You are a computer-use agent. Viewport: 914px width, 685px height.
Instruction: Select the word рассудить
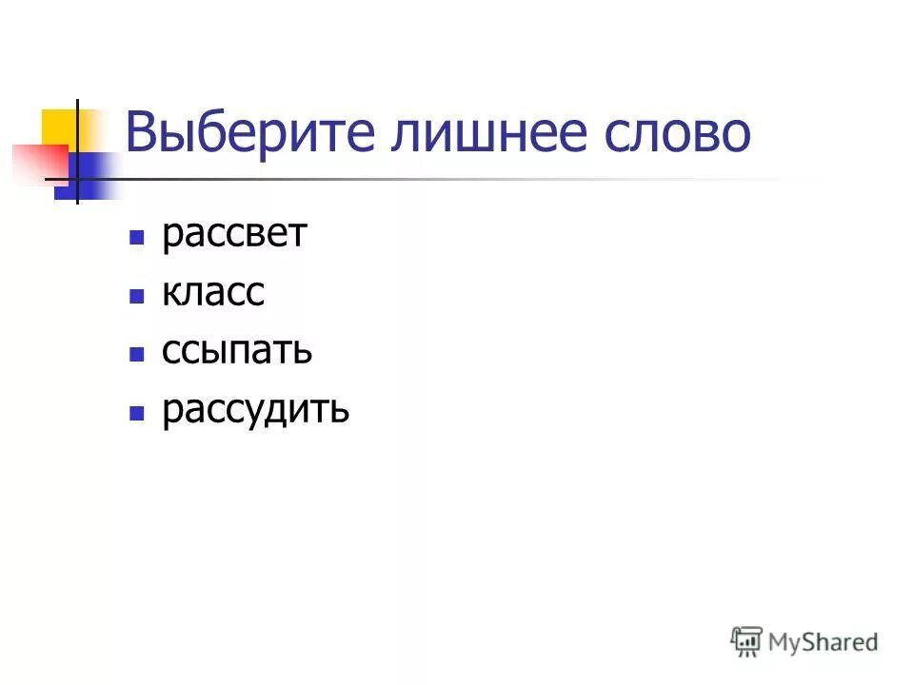coord(255,411)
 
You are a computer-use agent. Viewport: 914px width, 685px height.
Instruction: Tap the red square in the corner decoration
coord(38,161)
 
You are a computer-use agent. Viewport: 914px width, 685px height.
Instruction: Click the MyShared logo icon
coord(747,641)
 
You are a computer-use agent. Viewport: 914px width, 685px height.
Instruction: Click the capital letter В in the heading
coord(141,134)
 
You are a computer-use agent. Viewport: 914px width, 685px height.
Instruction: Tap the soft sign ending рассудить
coord(340,411)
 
